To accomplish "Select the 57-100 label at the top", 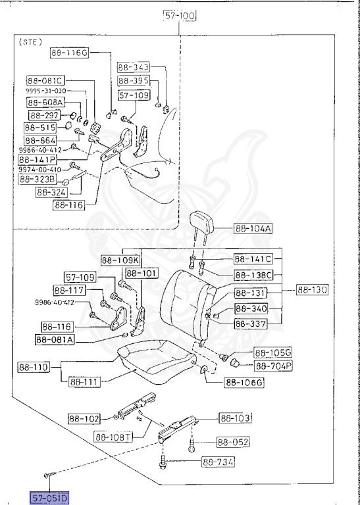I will click(x=180, y=16).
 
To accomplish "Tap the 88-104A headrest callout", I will click(x=253, y=229).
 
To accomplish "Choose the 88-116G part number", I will click(x=69, y=53).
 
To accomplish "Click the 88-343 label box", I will click(x=134, y=67).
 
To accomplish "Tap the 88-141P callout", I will click(x=38, y=160).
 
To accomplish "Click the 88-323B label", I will click(x=37, y=179).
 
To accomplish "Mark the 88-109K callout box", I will click(x=120, y=259).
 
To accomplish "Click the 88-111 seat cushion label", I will click(x=83, y=381).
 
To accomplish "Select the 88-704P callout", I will click(x=274, y=366).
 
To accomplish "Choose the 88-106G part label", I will click(x=244, y=382).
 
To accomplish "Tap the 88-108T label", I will click(x=114, y=435).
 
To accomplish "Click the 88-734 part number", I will click(x=217, y=462).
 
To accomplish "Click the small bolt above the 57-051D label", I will click(x=48, y=475).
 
